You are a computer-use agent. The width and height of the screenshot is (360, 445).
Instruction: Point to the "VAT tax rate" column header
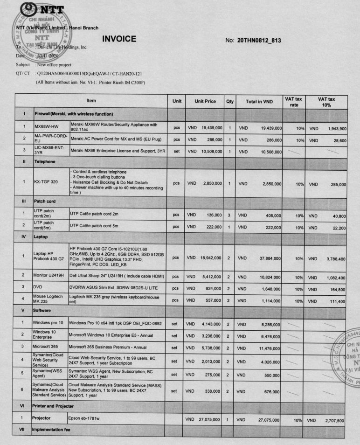(292, 101)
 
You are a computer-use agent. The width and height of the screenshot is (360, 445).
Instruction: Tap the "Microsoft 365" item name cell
(48, 346)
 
